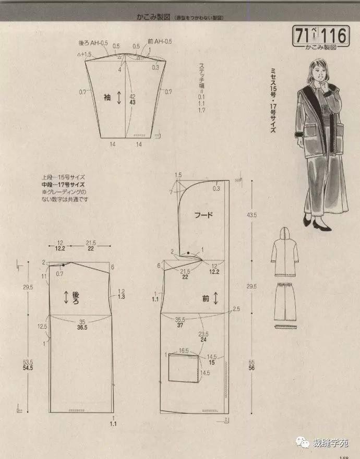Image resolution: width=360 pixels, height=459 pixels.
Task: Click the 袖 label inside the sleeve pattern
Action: click(107, 97)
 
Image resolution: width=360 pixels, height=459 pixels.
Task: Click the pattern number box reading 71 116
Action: click(321, 36)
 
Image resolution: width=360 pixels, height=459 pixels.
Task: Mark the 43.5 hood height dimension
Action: click(253, 215)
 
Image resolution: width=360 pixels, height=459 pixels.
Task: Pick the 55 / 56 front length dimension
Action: click(253, 365)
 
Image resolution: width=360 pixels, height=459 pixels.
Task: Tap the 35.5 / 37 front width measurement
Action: click(180, 323)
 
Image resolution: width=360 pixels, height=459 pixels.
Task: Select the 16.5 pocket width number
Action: click(184, 352)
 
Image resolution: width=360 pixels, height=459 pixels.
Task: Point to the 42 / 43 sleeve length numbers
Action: click(133, 100)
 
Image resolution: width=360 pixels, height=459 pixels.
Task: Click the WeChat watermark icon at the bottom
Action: click(303, 442)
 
